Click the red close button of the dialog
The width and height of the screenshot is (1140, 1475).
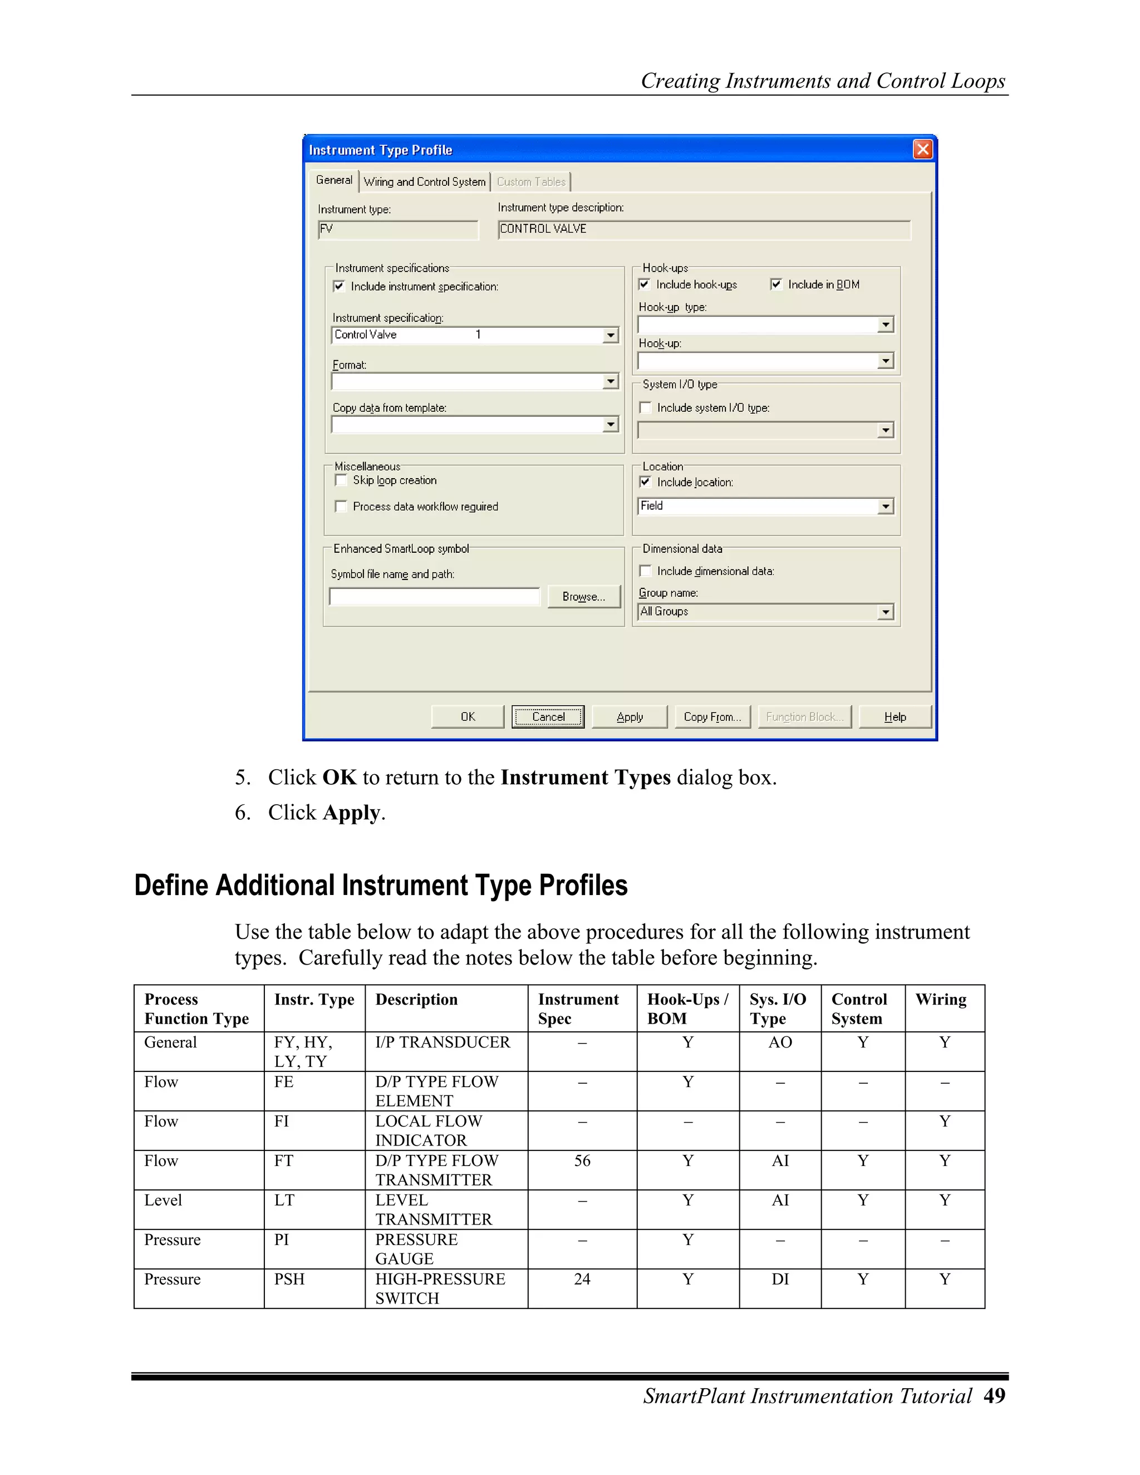[922, 149]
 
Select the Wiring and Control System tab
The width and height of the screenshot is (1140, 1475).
[424, 181]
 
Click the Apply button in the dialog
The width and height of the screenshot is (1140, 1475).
[630, 716]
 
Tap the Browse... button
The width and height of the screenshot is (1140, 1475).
[583, 596]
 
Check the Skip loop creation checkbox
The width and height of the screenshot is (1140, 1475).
[341, 480]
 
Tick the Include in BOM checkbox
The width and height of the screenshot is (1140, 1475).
[776, 284]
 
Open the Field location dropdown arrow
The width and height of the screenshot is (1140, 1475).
[886, 506]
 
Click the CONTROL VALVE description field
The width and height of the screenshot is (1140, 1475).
[704, 229]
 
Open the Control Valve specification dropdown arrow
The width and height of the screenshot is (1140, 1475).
[611, 335]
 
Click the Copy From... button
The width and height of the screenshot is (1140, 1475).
[712, 716]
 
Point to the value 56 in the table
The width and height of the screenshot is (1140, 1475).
[582, 1161]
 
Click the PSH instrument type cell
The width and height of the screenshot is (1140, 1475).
[289, 1279]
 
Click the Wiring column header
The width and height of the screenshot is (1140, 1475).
[941, 1000]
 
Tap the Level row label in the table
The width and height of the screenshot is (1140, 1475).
[164, 1200]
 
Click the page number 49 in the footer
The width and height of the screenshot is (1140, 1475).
[994, 1395]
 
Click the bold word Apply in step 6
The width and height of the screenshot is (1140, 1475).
[352, 813]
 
